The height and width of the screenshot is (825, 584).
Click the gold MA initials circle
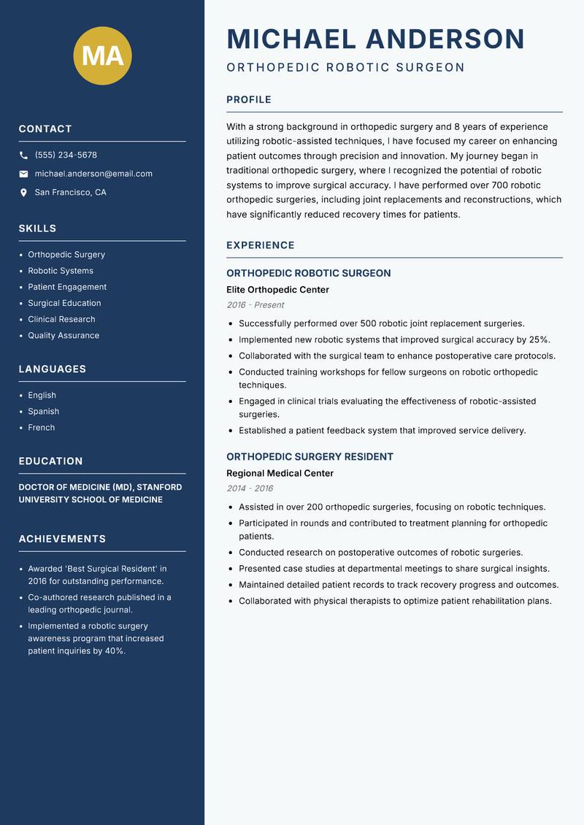click(103, 55)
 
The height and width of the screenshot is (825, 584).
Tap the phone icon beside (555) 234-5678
click(23, 156)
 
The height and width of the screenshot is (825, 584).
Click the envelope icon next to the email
click(23, 174)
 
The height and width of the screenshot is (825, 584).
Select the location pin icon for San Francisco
click(23, 193)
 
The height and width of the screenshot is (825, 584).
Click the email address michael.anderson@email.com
click(93, 174)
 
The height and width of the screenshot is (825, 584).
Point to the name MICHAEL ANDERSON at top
click(375, 39)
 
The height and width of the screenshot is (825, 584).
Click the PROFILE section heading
click(249, 100)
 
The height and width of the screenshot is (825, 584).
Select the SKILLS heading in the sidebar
click(37, 229)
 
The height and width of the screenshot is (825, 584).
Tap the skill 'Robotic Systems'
click(61, 271)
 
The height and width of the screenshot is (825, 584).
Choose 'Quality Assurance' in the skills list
click(64, 335)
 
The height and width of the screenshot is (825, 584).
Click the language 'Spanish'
click(44, 411)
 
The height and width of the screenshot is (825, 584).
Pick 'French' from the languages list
click(42, 427)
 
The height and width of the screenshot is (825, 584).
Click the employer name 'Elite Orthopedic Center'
click(277, 290)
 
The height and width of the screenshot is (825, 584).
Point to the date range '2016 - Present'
click(255, 305)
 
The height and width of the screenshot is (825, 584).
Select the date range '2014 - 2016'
click(250, 488)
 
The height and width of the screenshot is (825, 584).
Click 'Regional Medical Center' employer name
click(280, 473)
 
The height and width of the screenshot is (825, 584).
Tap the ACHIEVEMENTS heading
click(62, 539)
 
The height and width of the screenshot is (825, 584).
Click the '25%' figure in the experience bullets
click(539, 339)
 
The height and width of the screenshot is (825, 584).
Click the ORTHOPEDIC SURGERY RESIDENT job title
click(310, 456)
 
